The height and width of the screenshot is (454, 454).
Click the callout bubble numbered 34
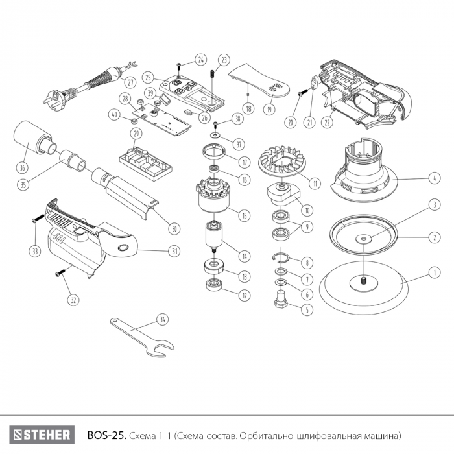click(161, 319)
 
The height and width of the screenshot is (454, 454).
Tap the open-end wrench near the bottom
click(139, 337)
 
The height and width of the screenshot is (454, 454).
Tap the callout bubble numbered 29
click(136, 134)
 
